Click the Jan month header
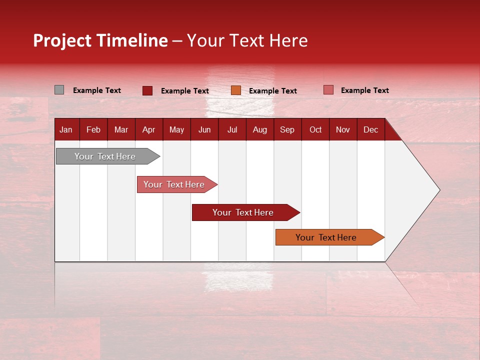(x=66, y=129)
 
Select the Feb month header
(x=93, y=129)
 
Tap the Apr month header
(x=149, y=129)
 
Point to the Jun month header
(x=204, y=129)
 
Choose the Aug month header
(x=260, y=129)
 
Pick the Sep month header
(x=287, y=129)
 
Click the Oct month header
(x=315, y=129)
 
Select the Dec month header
(x=371, y=129)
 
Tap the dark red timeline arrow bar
(x=243, y=212)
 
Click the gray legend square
(x=59, y=90)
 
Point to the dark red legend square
(x=147, y=90)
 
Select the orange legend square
(x=236, y=90)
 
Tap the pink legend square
(x=328, y=90)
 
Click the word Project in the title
(x=62, y=40)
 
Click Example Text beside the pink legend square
(x=364, y=90)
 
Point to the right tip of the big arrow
(x=438, y=190)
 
